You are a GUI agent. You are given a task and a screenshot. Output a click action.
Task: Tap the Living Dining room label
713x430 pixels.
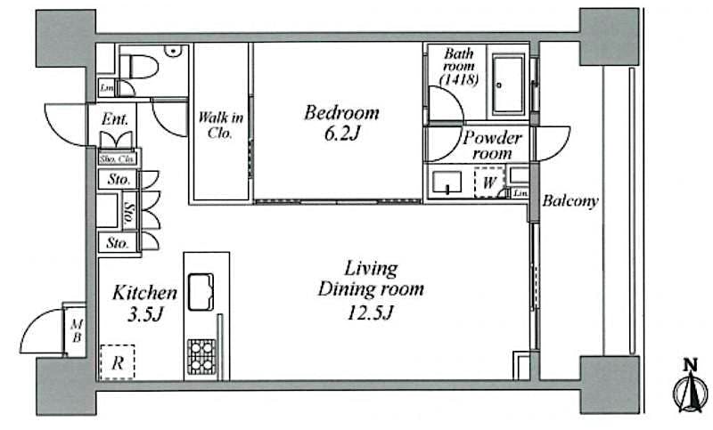(x=371, y=290)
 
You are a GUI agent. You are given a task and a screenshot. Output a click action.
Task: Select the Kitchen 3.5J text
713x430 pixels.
(x=144, y=302)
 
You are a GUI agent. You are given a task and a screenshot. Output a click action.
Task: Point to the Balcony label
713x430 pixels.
(x=571, y=201)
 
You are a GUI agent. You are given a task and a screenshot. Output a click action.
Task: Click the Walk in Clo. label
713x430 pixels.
(x=220, y=126)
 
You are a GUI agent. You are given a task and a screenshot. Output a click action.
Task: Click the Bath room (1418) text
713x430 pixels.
(x=460, y=67)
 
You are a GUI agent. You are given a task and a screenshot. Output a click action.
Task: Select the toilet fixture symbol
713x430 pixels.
(x=143, y=66)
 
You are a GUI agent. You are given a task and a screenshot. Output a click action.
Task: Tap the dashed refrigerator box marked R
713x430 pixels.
(x=117, y=362)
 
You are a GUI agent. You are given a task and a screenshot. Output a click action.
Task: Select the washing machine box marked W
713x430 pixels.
(x=488, y=183)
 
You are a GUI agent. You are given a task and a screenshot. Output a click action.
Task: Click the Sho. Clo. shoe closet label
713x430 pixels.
(x=116, y=159)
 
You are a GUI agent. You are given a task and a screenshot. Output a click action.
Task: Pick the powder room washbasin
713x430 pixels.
(x=446, y=184)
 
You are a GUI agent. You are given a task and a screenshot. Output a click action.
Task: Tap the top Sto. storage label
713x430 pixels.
(x=119, y=179)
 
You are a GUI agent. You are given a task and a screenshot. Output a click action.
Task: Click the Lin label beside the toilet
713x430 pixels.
(x=107, y=87)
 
